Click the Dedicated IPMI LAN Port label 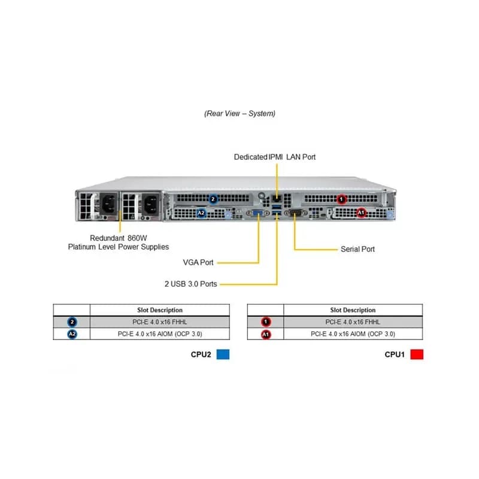[275, 157]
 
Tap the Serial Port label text [357, 249]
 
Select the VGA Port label [198, 262]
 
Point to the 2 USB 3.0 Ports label [190, 284]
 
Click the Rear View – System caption [240, 114]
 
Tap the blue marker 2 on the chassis [213, 199]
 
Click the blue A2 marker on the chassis [201, 213]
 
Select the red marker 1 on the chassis [341, 199]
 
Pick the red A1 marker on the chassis [361, 213]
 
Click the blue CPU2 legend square [223, 354]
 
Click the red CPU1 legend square [417, 354]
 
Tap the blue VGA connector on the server [258, 213]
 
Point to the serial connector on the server [296, 213]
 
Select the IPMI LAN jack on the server [277, 199]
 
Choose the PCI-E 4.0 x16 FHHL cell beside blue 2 [160, 322]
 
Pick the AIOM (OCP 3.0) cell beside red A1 [353, 334]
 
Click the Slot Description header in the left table [160, 310]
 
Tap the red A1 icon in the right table [266, 334]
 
